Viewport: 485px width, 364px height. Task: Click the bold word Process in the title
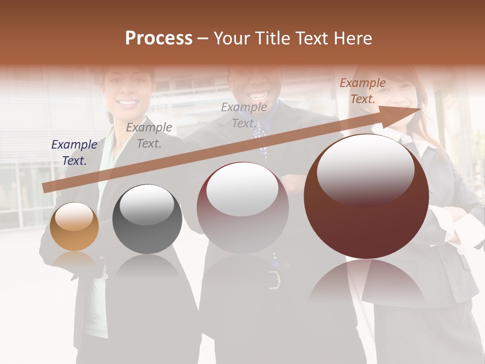pyautogui.click(x=159, y=38)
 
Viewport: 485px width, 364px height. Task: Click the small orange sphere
pyautogui.click(x=74, y=226)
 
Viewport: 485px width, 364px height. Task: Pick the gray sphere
pyautogui.click(x=147, y=219)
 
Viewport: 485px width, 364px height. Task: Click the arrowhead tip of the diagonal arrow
pyautogui.click(x=419, y=109)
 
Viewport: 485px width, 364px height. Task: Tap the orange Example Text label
pyautogui.click(x=362, y=91)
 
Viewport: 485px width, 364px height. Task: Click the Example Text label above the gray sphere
pyautogui.click(x=149, y=135)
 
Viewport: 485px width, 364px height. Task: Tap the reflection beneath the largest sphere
pyautogui.click(x=366, y=283)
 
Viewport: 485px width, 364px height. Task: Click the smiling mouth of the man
pyautogui.click(x=259, y=96)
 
